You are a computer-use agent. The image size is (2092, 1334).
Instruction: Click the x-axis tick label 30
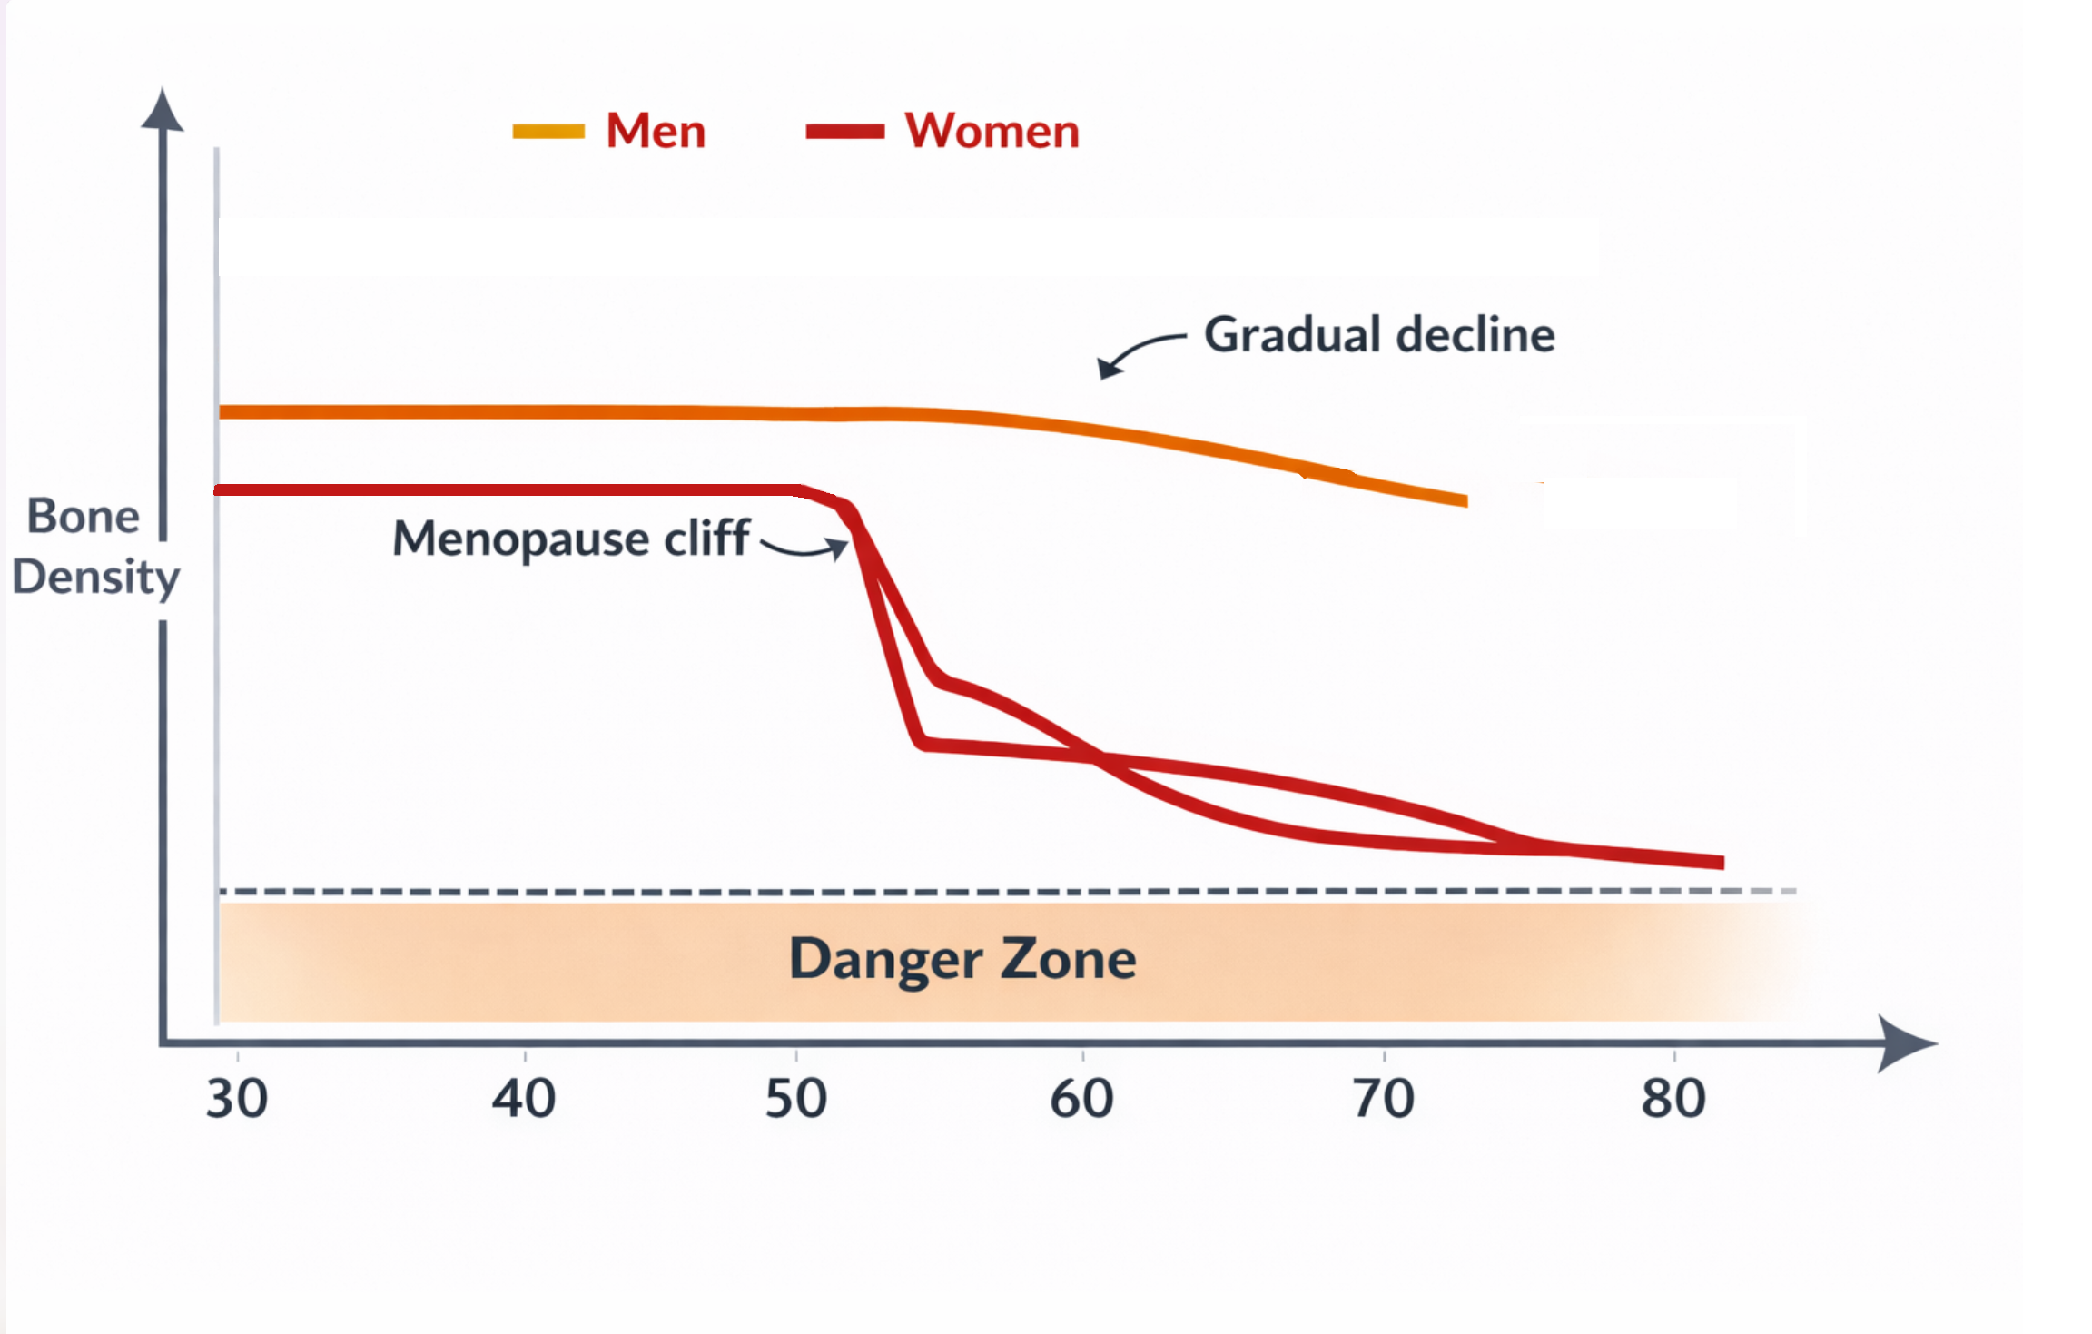[237, 1099]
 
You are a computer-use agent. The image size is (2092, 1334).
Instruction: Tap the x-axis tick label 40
[524, 1099]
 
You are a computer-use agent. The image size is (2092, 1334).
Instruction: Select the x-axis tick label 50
[796, 1099]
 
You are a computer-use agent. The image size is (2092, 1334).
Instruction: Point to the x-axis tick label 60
[1081, 1099]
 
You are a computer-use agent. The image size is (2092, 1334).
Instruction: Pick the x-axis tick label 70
[1384, 1099]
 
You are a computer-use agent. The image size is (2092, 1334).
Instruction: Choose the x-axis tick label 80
[1673, 1099]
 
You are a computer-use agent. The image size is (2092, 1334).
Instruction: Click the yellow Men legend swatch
[548, 132]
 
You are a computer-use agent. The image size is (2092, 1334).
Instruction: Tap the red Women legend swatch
[845, 132]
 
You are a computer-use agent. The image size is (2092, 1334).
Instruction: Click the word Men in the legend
[656, 131]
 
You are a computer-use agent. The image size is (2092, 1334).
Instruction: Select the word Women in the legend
[992, 131]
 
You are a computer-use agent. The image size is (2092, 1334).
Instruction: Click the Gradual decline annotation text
[1379, 334]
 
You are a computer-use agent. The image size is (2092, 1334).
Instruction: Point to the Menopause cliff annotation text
[571, 539]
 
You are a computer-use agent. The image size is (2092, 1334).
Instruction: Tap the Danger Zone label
[962, 959]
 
